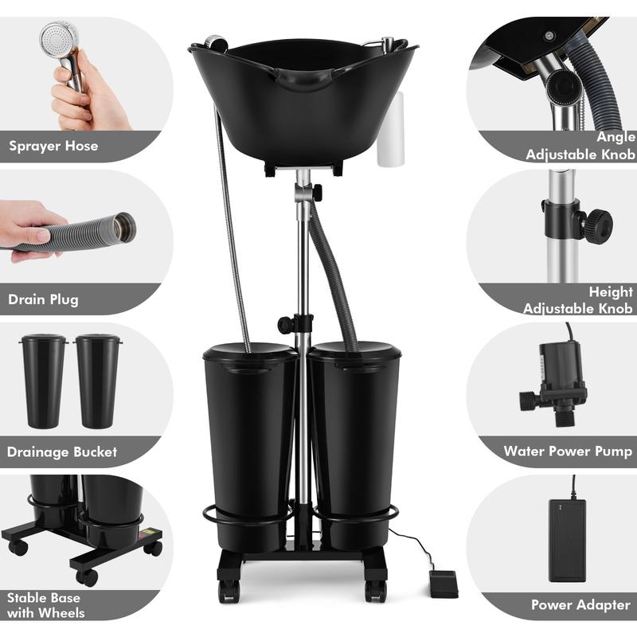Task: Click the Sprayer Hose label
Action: click(x=53, y=146)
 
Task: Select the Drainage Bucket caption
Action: click(x=62, y=451)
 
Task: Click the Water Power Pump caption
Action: click(x=568, y=451)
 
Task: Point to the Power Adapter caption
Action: click(x=580, y=605)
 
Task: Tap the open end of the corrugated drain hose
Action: click(x=123, y=228)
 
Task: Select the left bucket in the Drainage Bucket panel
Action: click(x=44, y=380)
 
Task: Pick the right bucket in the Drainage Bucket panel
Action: click(x=97, y=380)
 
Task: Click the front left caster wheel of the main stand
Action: click(x=229, y=590)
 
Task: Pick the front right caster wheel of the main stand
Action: click(x=374, y=590)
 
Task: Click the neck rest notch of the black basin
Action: click(x=302, y=80)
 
